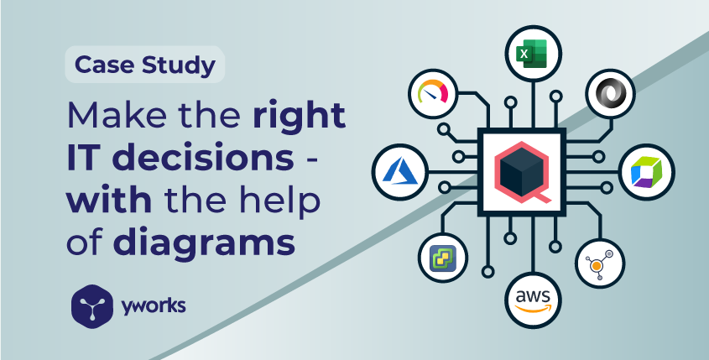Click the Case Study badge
[x=145, y=64]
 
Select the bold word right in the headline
[x=299, y=116]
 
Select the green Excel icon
[x=531, y=56]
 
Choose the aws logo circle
[x=531, y=300]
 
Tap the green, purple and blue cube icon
[x=647, y=170]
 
